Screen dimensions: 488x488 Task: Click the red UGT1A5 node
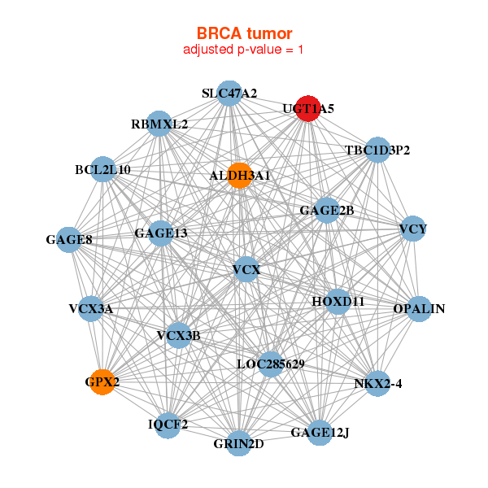coord(307,108)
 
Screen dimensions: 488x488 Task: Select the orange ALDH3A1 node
coord(239,175)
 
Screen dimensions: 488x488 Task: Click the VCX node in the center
coord(246,269)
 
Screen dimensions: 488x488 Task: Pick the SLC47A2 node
coord(229,94)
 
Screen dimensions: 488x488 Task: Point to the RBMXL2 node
coord(159,124)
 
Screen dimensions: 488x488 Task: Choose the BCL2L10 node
coord(102,170)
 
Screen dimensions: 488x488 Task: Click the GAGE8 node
coord(69,240)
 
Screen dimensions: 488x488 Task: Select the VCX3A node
coord(90,309)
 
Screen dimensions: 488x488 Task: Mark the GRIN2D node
coord(238,443)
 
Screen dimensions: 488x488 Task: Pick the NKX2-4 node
coord(377,383)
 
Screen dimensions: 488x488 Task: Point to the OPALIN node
coord(418,308)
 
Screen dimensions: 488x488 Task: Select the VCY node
coord(413,229)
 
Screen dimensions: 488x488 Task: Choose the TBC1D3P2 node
coord(377,150)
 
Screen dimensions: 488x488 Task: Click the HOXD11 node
coord(338,301)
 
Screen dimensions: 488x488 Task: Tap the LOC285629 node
coord(270,364)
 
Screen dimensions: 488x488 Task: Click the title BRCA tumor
coord(244,33)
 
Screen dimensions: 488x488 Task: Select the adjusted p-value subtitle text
coord(244,50)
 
